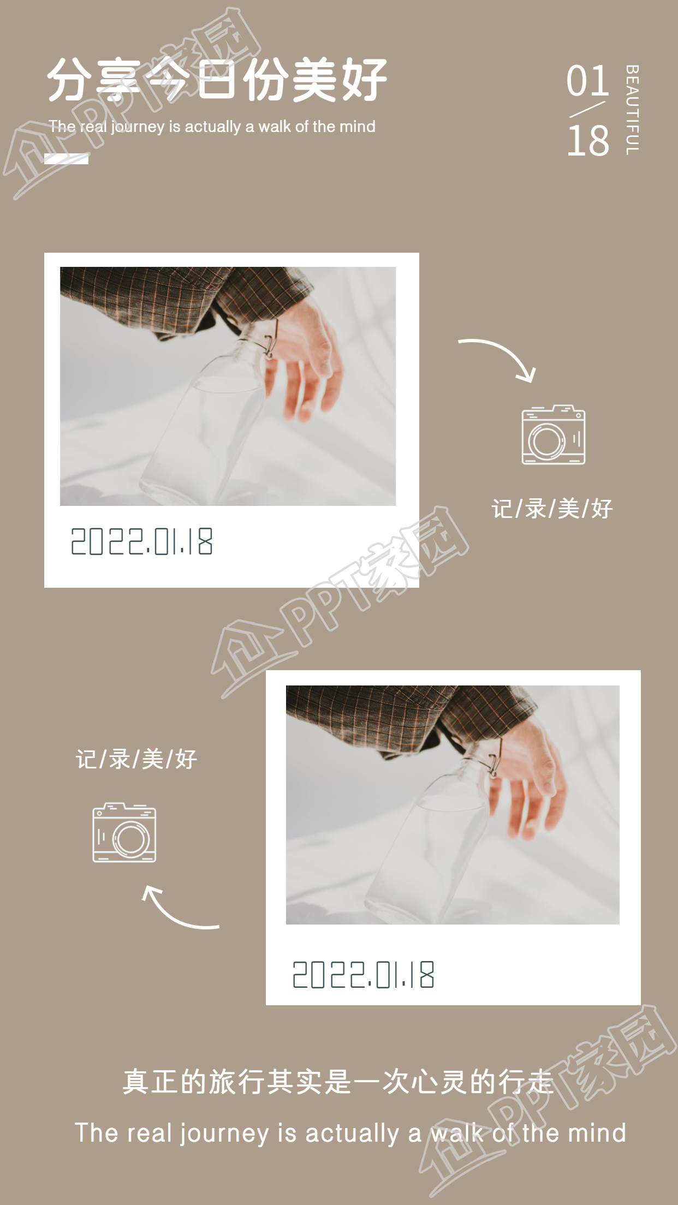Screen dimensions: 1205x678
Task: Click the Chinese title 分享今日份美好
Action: [x=217, y=80]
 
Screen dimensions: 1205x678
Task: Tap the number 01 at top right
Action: [x=587, y=81]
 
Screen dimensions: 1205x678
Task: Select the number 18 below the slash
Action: [x=588, y=140]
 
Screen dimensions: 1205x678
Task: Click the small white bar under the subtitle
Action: [x=66, y=159]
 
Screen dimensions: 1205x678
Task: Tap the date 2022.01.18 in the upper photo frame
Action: [x=142, y=541]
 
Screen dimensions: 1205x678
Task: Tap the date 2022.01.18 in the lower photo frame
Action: [x=364, y=975]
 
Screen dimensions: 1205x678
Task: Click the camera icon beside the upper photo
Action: [x=553, y=435]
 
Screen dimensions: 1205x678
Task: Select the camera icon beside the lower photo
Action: [x=124, y=833]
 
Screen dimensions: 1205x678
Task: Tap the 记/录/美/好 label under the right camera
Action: [x=552, y=509]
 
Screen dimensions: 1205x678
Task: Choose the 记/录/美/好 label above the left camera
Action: [x=136, y=759]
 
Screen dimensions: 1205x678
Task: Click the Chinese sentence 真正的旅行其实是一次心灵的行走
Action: [x=338, y=1081]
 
